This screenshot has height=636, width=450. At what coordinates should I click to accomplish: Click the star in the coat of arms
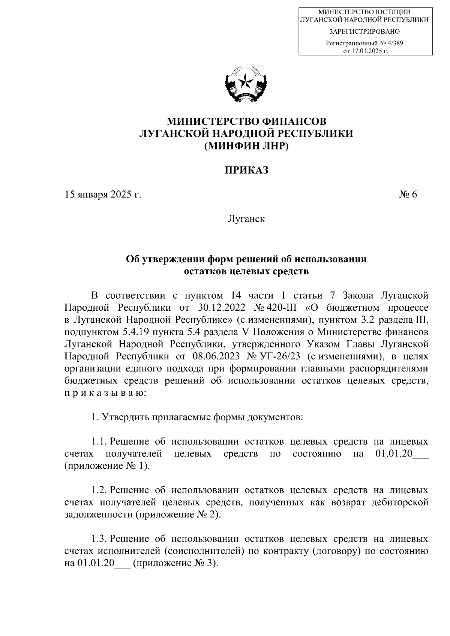(x=246, y=81)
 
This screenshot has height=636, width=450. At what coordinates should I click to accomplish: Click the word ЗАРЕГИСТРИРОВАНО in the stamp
(x=364, y=31)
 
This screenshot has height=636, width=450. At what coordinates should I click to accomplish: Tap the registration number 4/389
(x=393, y=43)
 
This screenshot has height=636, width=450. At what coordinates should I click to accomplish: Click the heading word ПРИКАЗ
(x=246, y=171)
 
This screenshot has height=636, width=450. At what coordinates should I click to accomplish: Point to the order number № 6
(x=408, y=195)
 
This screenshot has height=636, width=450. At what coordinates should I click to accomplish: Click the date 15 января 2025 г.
(x=103, y=195)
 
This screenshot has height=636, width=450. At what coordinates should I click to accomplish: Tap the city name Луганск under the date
(x=246, y=218)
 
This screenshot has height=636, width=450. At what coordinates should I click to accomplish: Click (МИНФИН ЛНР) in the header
(x=246, y=146)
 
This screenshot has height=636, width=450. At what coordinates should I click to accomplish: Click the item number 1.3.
(x=99, y=539)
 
